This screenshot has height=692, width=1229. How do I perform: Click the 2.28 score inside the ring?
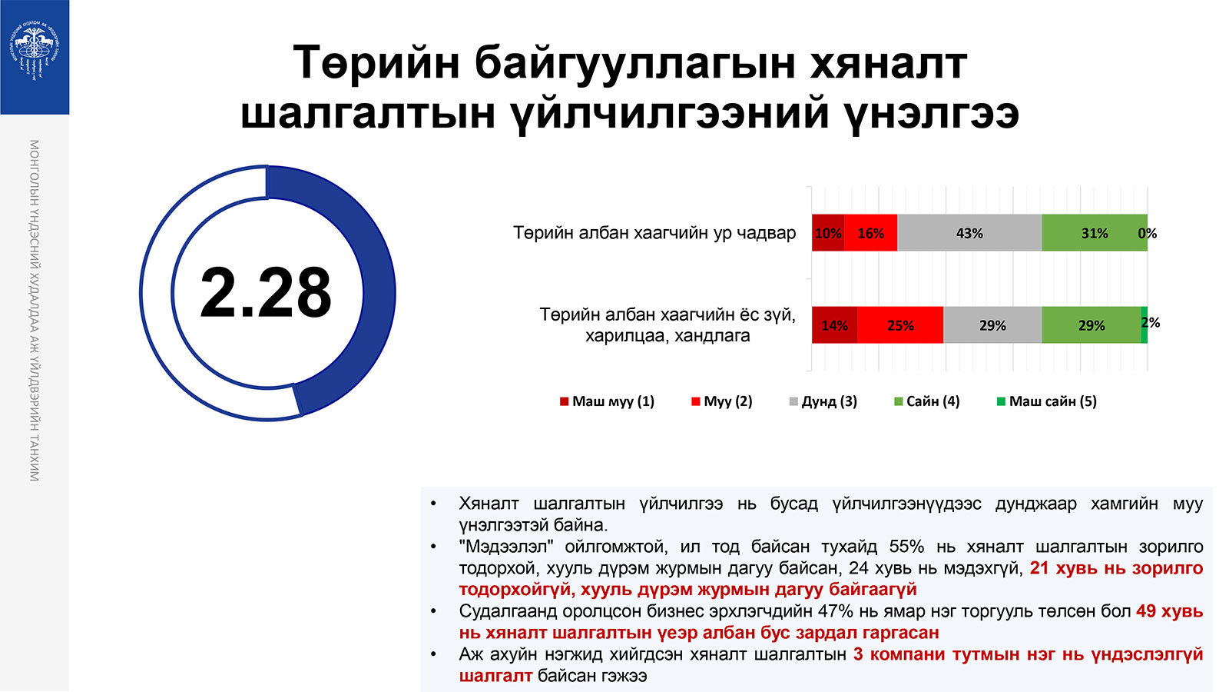(x=266, y=292)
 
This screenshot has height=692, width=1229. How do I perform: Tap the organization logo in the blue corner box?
(x=35, y=51)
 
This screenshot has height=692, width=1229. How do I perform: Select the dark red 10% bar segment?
(x=828, y=233)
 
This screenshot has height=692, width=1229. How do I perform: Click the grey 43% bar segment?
(x=969, y=233)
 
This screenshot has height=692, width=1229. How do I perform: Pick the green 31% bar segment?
(x=1095, y=233)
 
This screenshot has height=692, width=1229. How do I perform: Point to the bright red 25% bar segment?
(x=900, y=325)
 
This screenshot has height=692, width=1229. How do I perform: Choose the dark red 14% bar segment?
(x=834, y=325)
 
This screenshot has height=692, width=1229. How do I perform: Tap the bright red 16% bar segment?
(x=871, y=233)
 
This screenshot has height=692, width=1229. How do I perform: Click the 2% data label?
(x=1151, y=323)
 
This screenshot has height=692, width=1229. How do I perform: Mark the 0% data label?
(x=1148, y=234)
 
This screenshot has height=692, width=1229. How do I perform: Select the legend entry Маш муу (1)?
(x=607, y=401)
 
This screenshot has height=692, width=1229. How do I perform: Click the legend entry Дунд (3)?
(x=823, y=401)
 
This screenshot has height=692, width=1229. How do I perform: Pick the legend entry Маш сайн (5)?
(x=1047, y=401)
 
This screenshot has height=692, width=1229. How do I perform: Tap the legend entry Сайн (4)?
(x=926, y=401)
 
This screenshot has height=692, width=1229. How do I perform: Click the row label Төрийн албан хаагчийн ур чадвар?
(x=654, y=233)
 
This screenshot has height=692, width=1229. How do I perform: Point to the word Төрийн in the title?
(x=376, y=62)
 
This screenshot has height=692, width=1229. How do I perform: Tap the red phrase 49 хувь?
(x=1169, y=610)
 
